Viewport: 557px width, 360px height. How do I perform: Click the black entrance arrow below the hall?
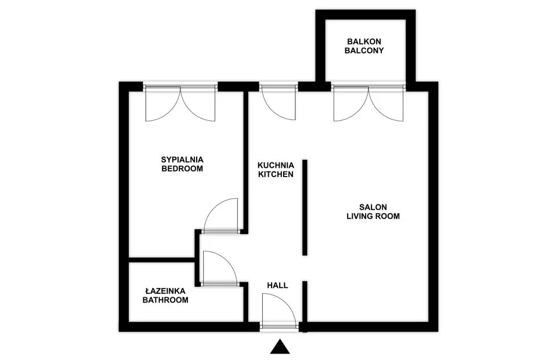click(x=280, y=347)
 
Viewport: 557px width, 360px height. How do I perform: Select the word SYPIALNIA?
click(x=182, y=159)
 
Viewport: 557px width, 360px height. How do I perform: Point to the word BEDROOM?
click(x=182, y=168)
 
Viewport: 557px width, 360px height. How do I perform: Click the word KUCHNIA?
click(x=276, y=165)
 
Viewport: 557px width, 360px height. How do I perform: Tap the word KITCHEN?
click(x=276, y=175)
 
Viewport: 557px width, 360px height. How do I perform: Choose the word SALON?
click(x=373, y=207)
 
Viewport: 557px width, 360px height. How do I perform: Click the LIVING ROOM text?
click(x=373, y=216)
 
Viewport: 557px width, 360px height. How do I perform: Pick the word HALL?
click(x=277, y=285)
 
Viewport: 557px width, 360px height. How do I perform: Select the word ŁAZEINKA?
click(x=165, y=291)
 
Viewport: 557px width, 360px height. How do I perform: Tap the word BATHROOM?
click(x=165, y=300)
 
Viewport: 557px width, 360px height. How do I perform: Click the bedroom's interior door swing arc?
click(x=213, y=206)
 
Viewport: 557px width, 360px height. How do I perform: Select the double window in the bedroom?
click(x=180, y=103)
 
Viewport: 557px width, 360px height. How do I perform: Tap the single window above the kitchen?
click(x=278, y=102)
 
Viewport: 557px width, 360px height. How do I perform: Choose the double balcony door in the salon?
click(x=368, y=103)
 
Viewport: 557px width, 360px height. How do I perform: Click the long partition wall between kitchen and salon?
click(x=305, y=207)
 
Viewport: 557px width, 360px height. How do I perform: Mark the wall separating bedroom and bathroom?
click(x=162, y=260)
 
